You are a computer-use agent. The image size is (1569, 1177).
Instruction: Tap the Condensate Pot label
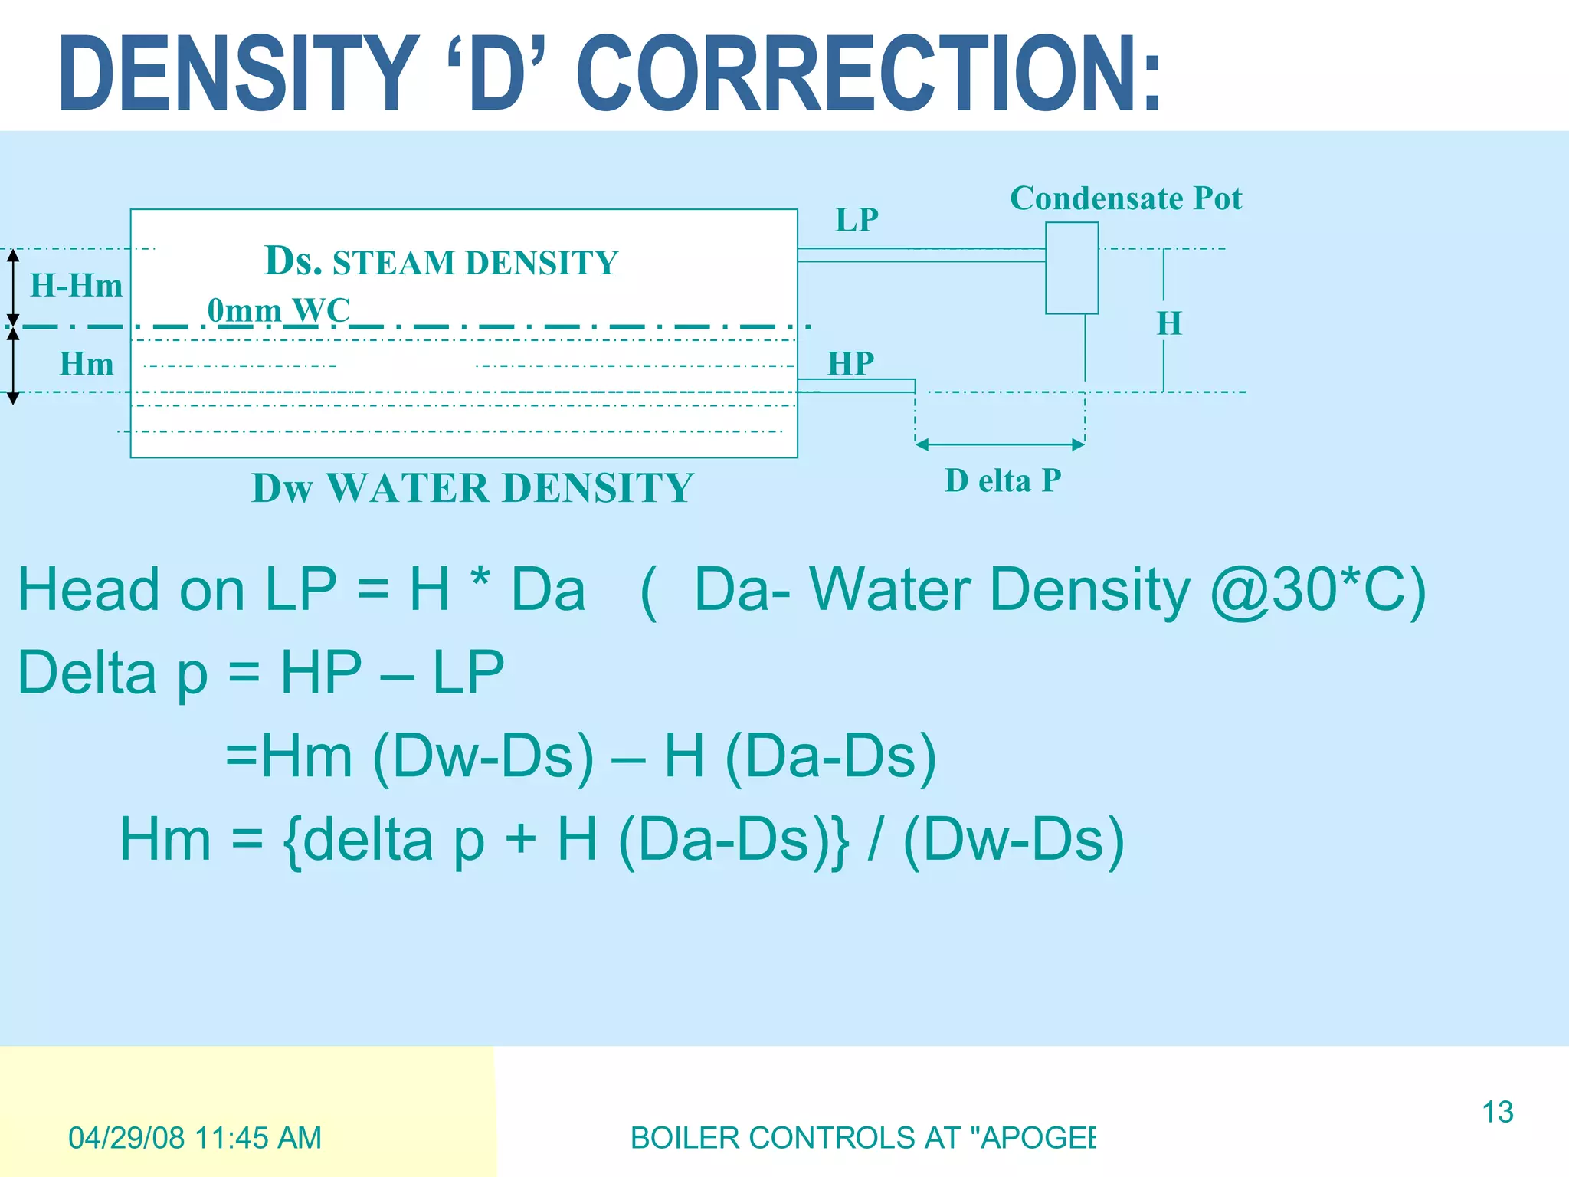tap(1125, 198)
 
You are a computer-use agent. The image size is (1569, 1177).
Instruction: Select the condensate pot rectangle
tap(1072, 268)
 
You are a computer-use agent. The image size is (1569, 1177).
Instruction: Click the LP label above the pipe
tap(857, 220)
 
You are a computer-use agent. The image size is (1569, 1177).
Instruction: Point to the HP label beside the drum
tap(850, 363)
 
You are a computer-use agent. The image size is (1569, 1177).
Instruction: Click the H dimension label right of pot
tap(1169, 323)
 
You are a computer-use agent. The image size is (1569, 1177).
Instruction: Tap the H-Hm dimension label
tap(76, 286)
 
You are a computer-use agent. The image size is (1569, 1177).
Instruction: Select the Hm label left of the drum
tap(87, 364)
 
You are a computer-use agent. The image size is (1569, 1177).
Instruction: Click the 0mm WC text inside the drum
tap(279, 310)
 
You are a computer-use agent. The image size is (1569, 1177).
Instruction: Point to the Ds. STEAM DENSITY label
tap(441, 261)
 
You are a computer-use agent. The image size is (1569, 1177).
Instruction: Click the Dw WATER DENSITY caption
tap(473, 488)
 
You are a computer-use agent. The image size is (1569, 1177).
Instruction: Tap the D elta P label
tap(1003, 481)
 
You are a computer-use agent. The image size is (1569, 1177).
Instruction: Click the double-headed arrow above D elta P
tap(1000, 444)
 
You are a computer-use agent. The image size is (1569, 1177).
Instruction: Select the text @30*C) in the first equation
tap(1318, 590)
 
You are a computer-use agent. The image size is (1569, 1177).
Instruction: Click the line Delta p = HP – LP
tap(260, 673)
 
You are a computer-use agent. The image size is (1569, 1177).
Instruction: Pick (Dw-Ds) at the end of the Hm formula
tap(1014, 840)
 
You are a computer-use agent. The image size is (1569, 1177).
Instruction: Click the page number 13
tap(1497, 1112)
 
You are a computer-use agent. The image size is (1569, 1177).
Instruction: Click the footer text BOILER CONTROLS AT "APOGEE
tap(863, 1138)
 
